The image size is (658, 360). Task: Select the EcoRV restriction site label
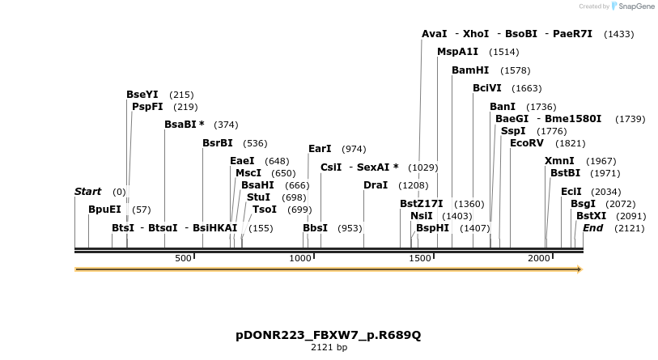527,143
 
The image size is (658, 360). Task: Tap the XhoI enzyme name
476,34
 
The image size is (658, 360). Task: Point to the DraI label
376,185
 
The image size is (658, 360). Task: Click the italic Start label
87,192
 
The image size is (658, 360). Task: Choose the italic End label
592,228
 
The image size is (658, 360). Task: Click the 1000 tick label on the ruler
300,258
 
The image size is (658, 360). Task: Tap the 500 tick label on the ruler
183,258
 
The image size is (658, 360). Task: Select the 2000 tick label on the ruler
539,258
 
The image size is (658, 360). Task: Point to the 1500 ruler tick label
419,258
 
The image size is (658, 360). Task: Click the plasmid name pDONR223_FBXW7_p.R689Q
329,335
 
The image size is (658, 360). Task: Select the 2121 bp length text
329,348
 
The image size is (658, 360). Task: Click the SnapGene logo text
637,6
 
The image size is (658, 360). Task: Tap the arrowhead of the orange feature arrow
579,269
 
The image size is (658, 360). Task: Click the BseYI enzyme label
142,95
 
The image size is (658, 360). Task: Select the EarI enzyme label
320,149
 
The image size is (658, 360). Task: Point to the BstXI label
591,216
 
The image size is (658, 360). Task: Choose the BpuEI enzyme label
104,209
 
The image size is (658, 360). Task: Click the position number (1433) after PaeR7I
618,34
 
